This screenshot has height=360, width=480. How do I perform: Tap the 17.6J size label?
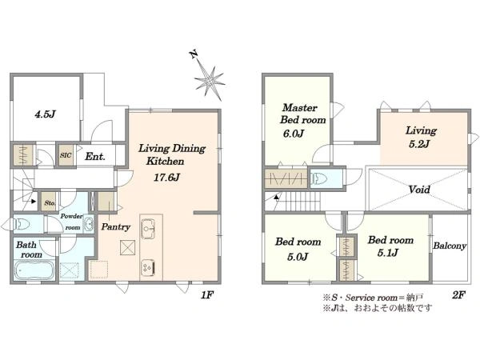pyautogui.click(x=166, y=178)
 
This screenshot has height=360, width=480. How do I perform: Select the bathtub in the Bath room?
pyautogui.click(x=34, y=270)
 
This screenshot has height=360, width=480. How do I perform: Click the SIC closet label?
pyautogui.click(x=66, y=155)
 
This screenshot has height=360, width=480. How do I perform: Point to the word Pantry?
pyautogui.click(x=116, y=227)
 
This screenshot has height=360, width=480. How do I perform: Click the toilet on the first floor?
pyautogui.click(x=21, y=224)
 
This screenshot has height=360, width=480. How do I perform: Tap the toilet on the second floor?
pyautogui.click(x=318, y=178)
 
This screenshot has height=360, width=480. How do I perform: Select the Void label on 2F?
pyautogui.click(x=419, y=190)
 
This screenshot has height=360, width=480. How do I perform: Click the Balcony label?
pyautogui.click(x=450, y=246)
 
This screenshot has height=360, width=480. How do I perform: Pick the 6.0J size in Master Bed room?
pyautogui.click(x=294, y=134)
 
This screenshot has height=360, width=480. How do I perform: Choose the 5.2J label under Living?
pyautogui.click(x=419, y=143)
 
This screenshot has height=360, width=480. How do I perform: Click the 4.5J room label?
pyautogui.click(x=45, y=114)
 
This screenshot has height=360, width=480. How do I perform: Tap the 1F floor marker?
pyautogui.click(x=207, y=294)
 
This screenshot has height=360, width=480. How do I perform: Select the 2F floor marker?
pyautogui.click(x=458, y=294)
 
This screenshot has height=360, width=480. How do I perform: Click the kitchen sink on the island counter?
pyautogui.click(x=149, y=228)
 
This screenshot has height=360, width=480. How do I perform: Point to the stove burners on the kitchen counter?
pyautogui.click(x=147, y=267)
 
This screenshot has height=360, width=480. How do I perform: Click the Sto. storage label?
pyautogui.click(x=50, y=202)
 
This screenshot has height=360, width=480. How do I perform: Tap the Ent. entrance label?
pyautogui.click(x=95, y=157)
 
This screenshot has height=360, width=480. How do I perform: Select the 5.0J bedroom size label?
pyautogui.click(x=298, y=257)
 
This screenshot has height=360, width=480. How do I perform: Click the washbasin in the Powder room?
pyautogui.click(x=89, y=224)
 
